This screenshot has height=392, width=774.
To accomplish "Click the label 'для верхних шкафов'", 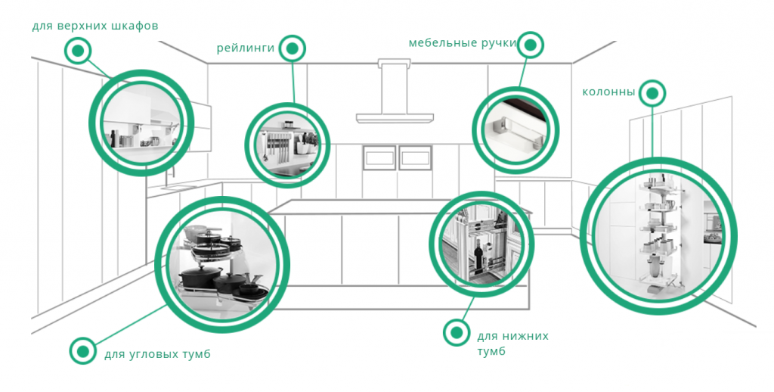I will (x=95, y=26).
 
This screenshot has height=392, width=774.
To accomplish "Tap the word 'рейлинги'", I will (x=245, y=48).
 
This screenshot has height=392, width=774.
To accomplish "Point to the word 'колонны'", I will (x=608, y=92).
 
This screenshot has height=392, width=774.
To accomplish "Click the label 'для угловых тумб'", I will (x=157, y=353).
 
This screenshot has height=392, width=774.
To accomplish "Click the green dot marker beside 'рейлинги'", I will (x=293, y=48).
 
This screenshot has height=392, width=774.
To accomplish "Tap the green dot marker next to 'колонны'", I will (x=652, y=93).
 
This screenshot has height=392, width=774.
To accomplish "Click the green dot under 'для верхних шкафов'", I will (x=77, y=51).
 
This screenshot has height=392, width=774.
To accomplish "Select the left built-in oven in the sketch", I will (x=379, y=157).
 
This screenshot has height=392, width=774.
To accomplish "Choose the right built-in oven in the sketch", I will (x=414, y=157).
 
